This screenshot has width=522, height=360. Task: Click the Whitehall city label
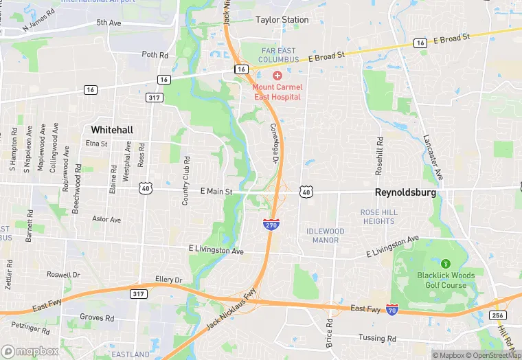tap(112, 129)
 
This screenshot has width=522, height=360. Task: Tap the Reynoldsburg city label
tap(405, 193)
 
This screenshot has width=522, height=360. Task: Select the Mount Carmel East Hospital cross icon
tap(277, 75)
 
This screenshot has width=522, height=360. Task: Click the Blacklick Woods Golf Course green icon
tap(445, 262)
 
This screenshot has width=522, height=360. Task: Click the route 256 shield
tap(499, 315)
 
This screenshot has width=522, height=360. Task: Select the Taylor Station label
tap(282, 20)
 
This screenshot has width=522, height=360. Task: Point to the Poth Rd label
tap(155, 54)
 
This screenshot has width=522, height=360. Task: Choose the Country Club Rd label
tap(185, 180)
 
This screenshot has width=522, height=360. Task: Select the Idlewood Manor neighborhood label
tap(325, 236)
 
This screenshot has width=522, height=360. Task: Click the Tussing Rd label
tap(377, 338)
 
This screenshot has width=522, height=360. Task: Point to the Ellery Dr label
tap(169, 280)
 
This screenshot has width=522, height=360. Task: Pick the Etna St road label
tap(97, 144)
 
